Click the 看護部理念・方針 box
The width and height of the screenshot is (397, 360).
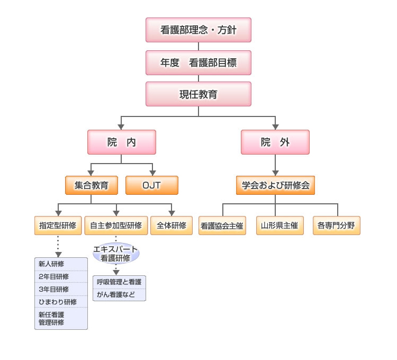coord(198,30)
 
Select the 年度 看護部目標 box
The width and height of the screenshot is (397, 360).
coord(198,62)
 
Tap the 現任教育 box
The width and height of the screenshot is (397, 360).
coord(198,95)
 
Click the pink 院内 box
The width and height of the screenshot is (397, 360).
coord(121,142)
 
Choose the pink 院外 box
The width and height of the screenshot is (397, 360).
coord(275,142)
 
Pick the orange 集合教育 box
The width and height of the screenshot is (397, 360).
coord(91,185)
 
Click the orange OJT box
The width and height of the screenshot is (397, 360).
coord(152,185)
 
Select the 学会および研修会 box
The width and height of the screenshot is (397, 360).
coord(275,185)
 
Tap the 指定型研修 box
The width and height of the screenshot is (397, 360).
coord(58,225)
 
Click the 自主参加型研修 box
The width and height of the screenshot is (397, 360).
coord(116,225)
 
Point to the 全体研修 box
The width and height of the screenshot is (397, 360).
coord(172,225)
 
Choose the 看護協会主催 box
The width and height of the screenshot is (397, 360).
coord(222,226)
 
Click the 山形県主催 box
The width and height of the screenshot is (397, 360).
coord(279,226)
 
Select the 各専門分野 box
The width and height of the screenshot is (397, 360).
coord(336,226)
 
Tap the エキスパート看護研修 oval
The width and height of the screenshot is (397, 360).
coord(116,254)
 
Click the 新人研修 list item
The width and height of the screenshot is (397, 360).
coord(60,264)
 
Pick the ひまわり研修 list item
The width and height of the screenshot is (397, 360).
coord(60,302)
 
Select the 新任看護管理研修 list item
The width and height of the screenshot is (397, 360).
coord(60,318)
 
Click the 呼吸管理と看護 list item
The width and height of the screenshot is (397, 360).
coord(119,282)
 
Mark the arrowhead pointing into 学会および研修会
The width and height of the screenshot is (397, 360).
coord(275,173)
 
